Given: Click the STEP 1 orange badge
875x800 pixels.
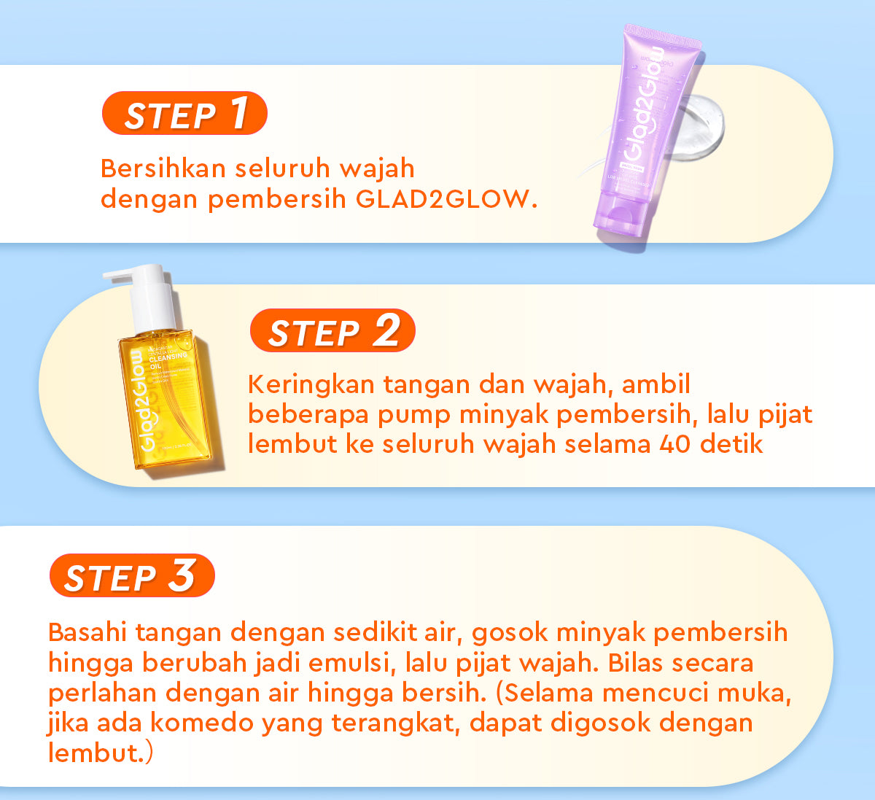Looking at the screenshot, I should pos(184,114).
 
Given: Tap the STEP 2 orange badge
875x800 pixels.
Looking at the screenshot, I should pos(332,331).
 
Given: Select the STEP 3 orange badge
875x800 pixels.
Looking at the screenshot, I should pos(132,576).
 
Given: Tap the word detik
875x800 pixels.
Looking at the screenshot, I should pos(731,443).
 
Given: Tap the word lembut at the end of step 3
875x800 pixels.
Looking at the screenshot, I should pos(92,753).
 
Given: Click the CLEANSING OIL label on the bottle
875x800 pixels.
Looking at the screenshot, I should pos(168,360).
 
